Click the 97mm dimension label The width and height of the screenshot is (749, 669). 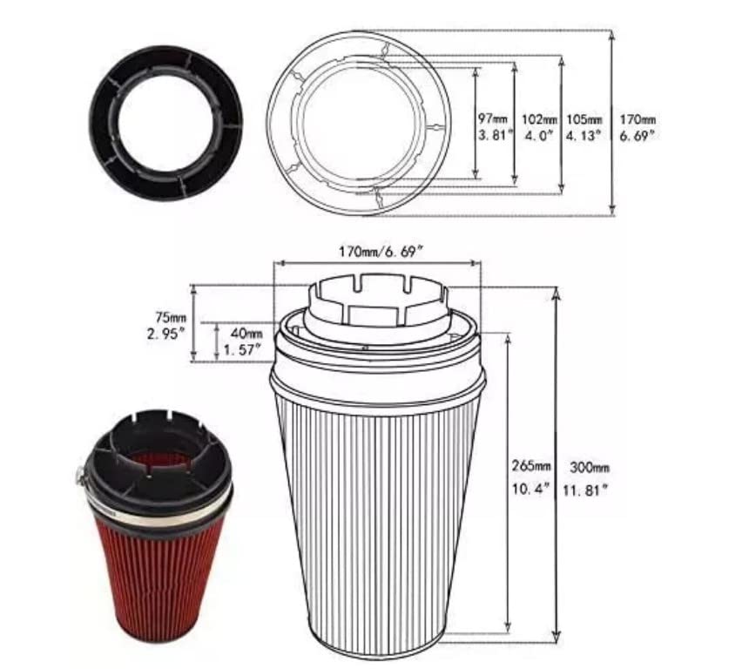(493, 118)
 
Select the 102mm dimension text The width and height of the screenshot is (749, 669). (539, 119)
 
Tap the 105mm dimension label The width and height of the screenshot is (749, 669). (584, 119)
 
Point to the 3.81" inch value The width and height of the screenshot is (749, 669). (496, 136)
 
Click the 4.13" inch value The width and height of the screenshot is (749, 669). (583, 136)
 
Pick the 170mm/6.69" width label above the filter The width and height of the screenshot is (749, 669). (381, 251)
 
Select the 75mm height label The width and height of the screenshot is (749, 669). (171, 317)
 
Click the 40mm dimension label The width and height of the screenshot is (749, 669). (246, 333)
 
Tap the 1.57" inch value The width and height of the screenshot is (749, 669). (242, 350)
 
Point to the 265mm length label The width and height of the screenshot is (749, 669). (531, 465)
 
